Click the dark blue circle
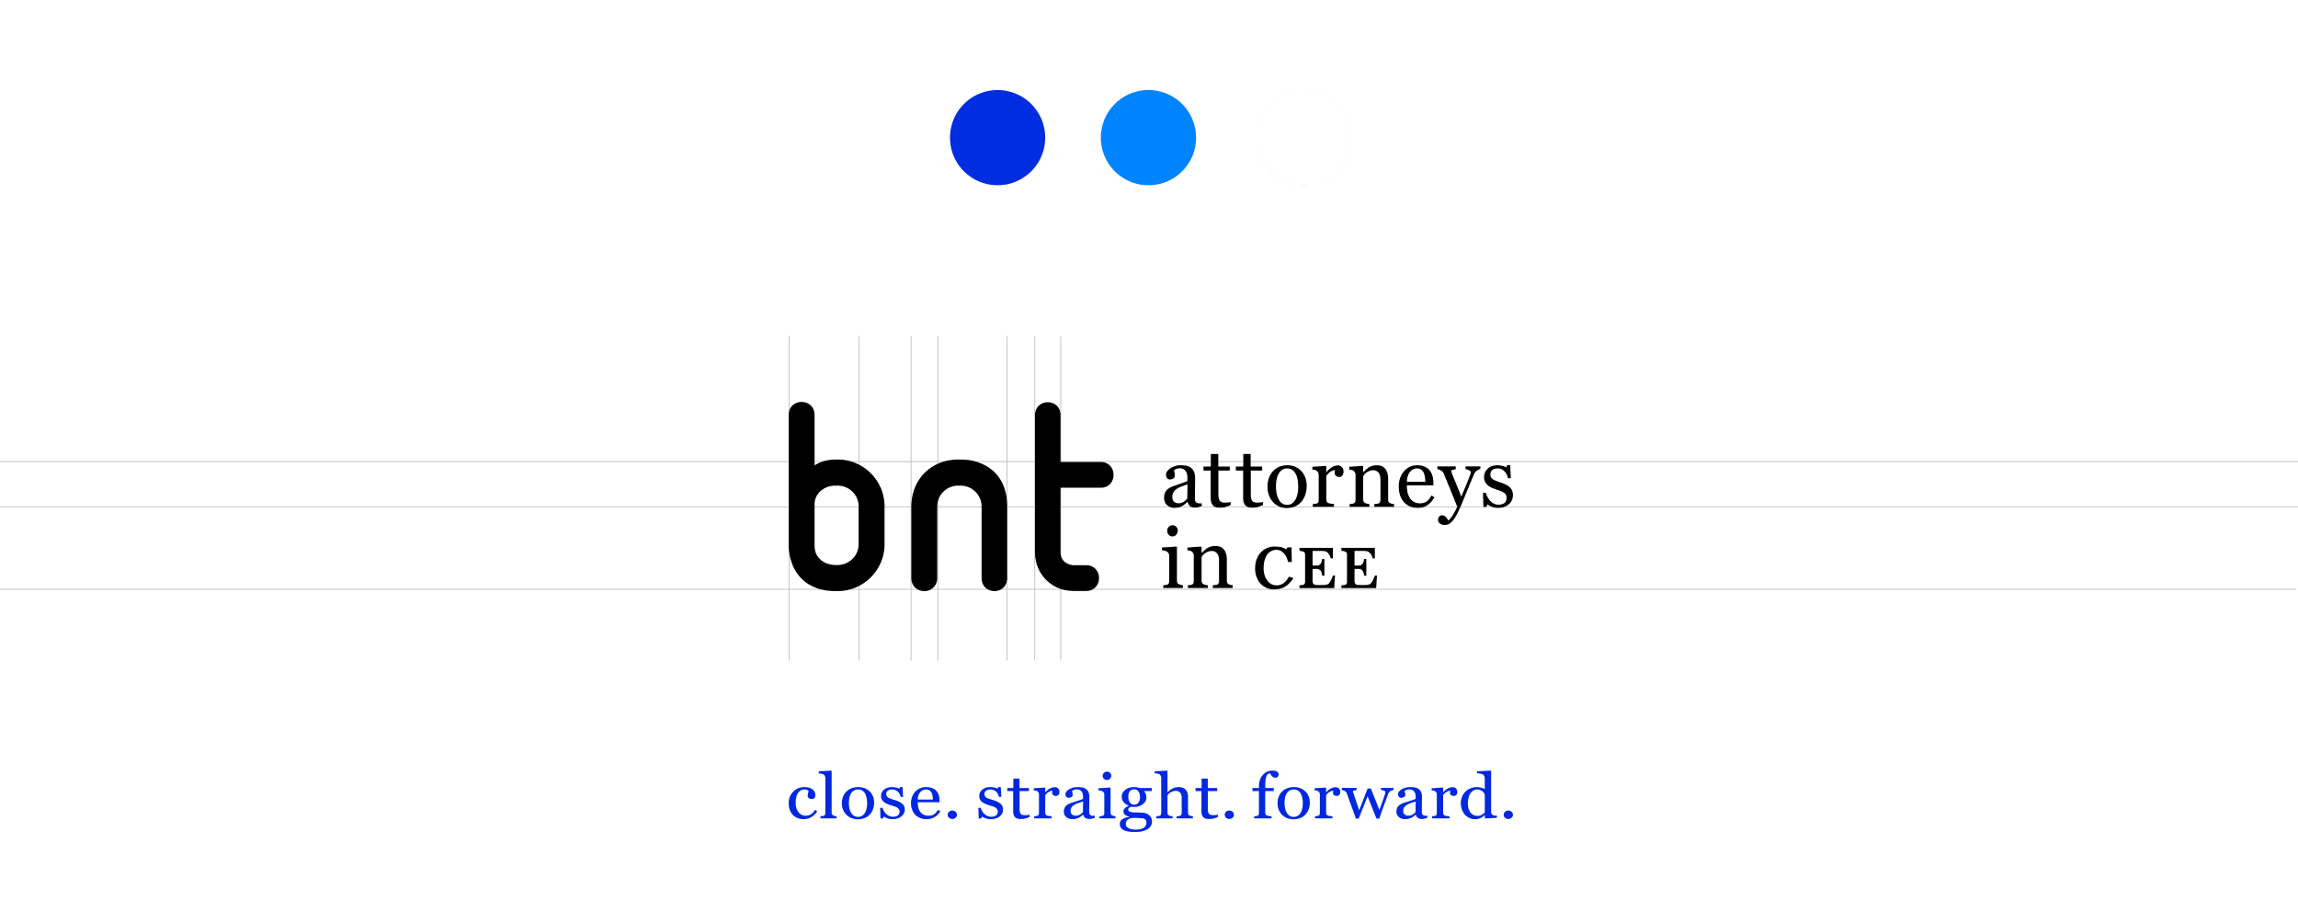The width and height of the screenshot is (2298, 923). pyautogui.click(x=997, y=138)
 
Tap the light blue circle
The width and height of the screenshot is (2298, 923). pyautogui.click(x=1148, y=138)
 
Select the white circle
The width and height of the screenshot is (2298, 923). pyautogui.click(x=1303, y=138)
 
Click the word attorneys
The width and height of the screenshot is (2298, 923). pyautogui.click(x=1337, y=484)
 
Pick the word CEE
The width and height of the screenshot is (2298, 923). pyautogui.click(x=1315, y=567)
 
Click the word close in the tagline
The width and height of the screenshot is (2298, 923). pyautogui.click(x=864, y=797)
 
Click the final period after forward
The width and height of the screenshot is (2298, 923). pyautogui.click(x=1507, y=815)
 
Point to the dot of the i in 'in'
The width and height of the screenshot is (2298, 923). pyautogui.click(x=1172, y=532)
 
